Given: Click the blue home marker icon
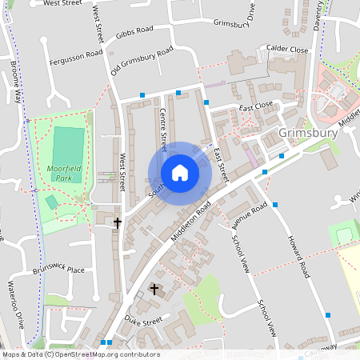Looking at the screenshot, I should click(180, 172).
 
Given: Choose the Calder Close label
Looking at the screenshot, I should click(288, 50).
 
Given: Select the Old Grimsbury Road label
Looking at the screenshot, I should click(142, 62).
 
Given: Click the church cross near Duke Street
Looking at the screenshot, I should click(154, 288).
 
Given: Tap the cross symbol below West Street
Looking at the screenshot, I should click(118, 222).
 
